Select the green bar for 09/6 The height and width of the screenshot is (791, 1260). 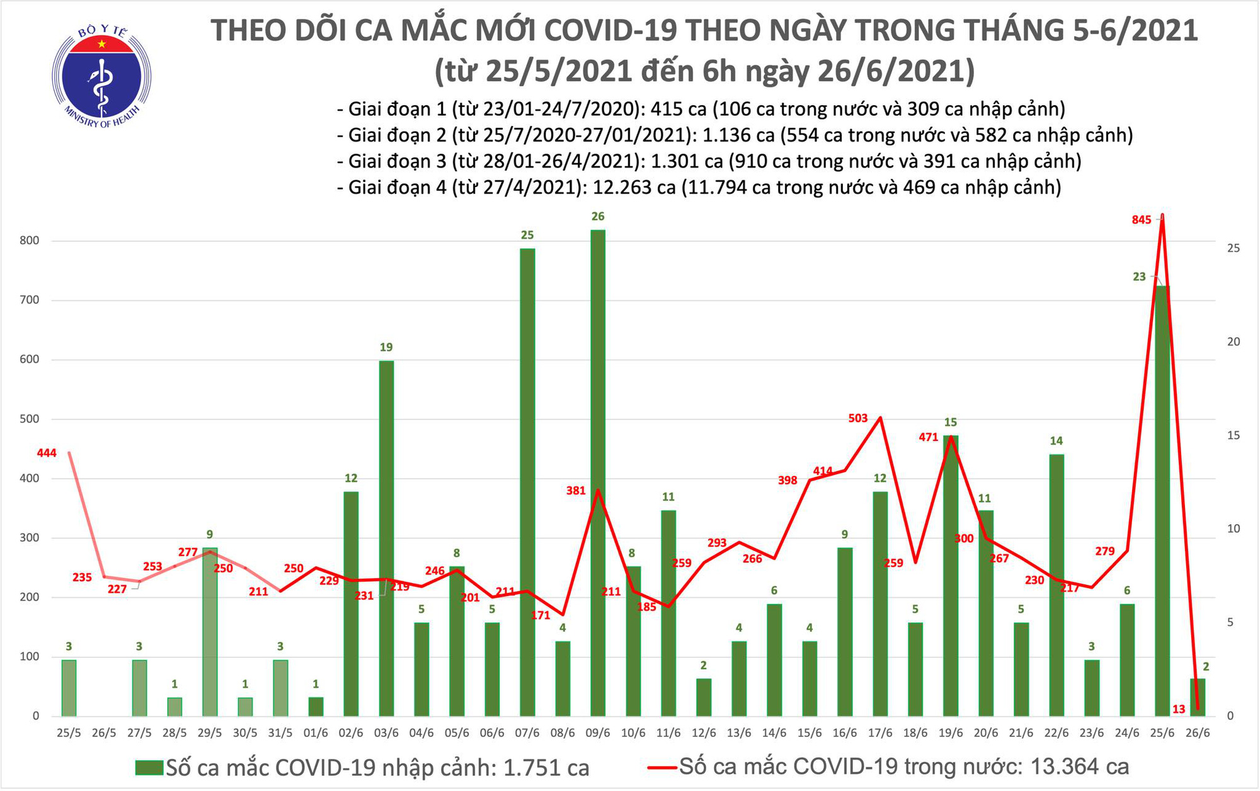[x=598, y=472]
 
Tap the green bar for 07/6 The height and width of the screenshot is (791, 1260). [x=527, y=482]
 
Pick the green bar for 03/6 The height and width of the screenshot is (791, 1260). [x=386, y=538]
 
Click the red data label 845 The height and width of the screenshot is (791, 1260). [x=1142, y=220]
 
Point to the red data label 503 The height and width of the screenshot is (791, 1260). [x=858, y=418]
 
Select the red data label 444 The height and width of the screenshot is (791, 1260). [x=47, y=453]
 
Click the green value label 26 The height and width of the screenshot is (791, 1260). [x=598, y=217]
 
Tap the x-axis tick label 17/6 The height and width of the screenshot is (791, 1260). [x=879, y=734]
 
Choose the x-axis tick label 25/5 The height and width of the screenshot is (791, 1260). [x=69, y=734]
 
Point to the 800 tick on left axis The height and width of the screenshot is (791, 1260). [x=29, y=241]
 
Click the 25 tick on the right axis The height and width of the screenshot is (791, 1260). [x=1234, y=248]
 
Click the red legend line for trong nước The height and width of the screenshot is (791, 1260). [x=663, y=768]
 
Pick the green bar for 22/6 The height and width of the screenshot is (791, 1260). [x=1057, y=584]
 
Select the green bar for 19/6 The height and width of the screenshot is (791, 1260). [x=951, y=575]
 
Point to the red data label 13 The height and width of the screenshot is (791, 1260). [x=1179, y=709]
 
